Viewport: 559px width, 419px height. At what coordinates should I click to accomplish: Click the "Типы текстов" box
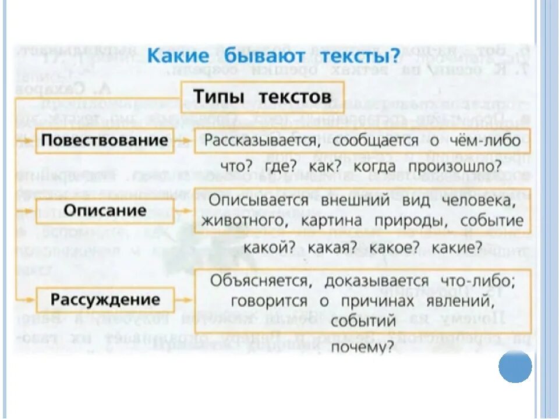(262, 97)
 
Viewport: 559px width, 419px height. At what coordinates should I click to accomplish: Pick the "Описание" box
(105, 210)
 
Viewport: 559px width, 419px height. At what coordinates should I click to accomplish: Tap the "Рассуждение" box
(105, 300)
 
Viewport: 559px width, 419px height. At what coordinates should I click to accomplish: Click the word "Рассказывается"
(252, 142)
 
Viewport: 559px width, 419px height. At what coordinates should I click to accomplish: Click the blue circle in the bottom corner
(515, 367)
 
